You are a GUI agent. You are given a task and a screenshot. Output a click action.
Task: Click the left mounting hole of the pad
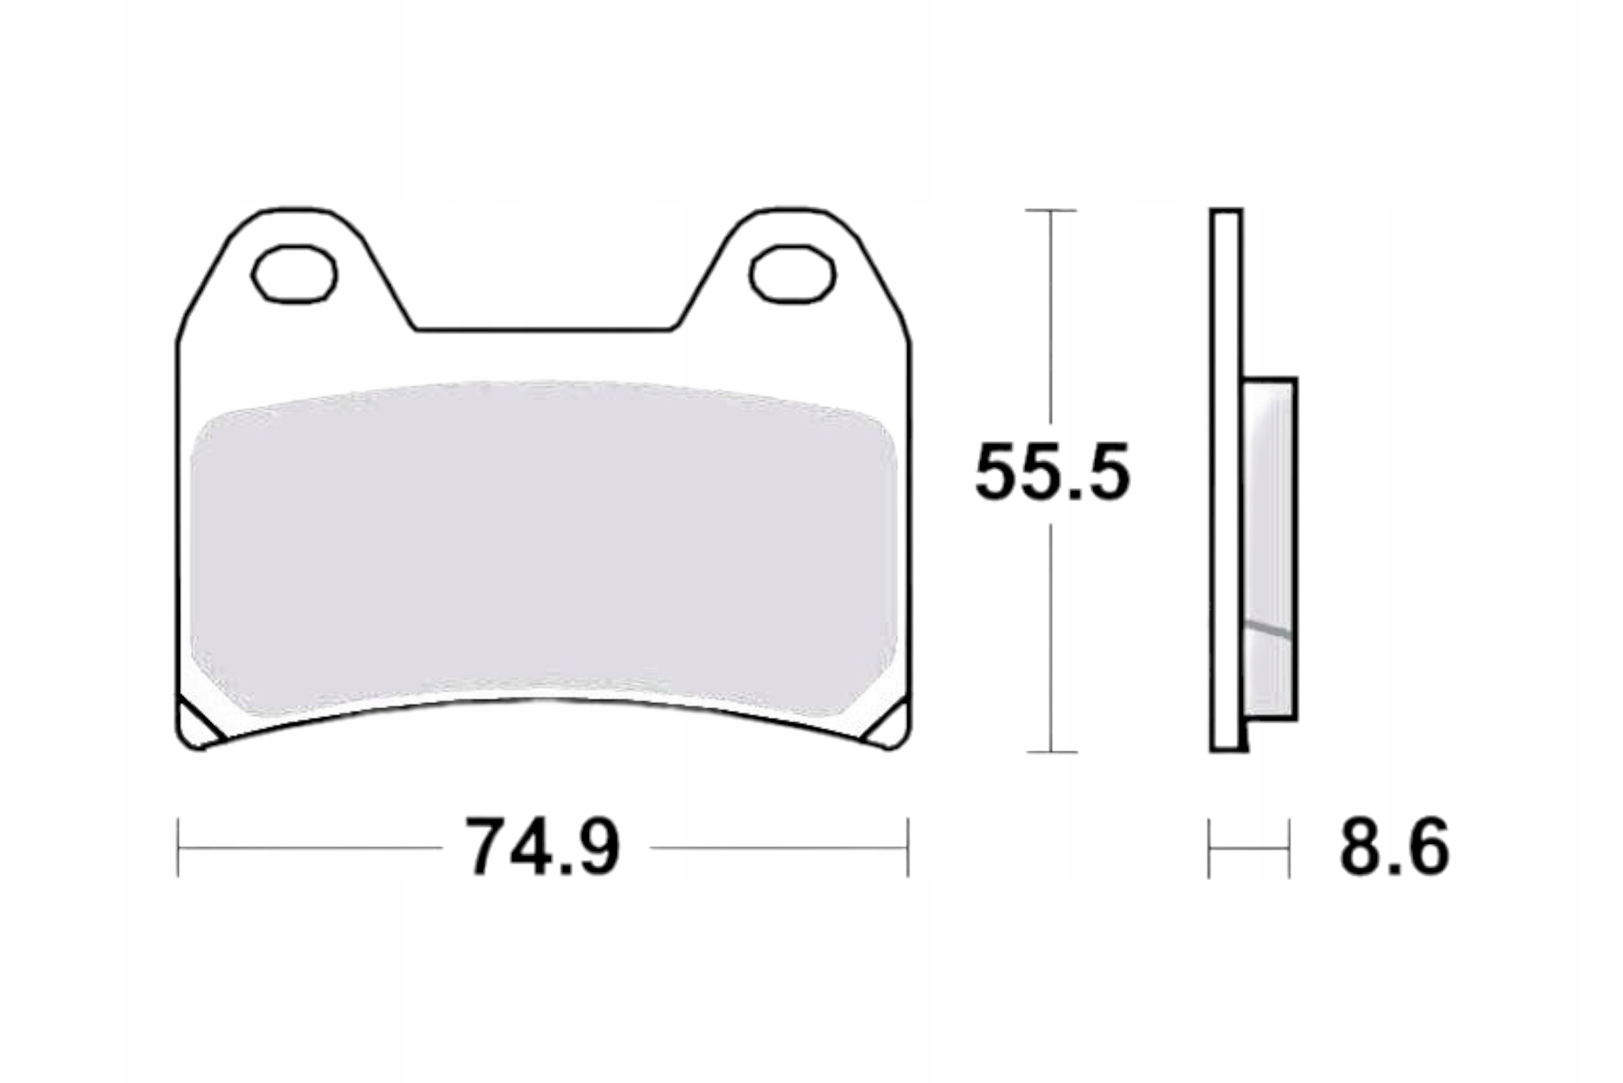pyautogui.click(x=294, y=274)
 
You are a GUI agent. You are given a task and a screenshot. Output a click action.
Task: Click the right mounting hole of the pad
pyautogui.click(x=792, y=274)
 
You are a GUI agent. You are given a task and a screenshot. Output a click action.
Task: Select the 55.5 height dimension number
pyautogui.click(x=1052, y=474)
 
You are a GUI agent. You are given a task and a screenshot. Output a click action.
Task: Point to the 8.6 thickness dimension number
pyautogui.click(x=1394, y=847)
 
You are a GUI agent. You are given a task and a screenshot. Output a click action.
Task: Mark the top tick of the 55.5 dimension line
pyautogui.click(x=1051, y=210)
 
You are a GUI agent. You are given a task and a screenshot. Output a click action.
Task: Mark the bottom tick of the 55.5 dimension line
pyautogui.click(x=1051, y=752)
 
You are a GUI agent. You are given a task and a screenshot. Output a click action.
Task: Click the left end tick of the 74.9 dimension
pyautogui.click(x=178, y=847)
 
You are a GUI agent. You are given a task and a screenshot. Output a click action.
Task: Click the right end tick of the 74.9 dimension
pyautogui.click(x=908, y=847)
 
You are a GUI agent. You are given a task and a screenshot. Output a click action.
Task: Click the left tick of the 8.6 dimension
pyautogui.click(x=1209, y=848)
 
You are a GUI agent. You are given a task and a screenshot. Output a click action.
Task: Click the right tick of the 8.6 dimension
pyautogui.click(x=1290, y=848)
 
